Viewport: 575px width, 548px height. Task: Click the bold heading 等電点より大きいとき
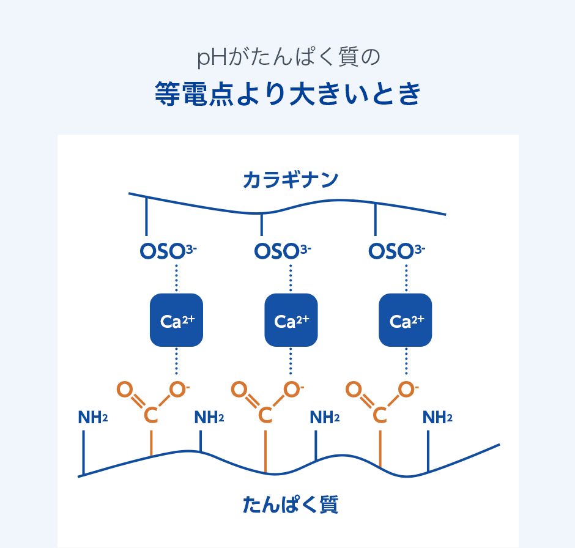point(287,95)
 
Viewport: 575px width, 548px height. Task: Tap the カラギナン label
point(291,180)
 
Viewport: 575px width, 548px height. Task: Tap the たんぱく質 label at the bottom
point(291,505)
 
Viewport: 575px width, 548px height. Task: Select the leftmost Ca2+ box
point(176,320)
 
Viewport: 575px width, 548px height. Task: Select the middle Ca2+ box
point(291,320)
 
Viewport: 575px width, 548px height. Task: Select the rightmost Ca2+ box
point(406,320)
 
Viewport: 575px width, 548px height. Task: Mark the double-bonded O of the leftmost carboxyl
point(124,390)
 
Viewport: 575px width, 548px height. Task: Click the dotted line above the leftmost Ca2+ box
point(176,278)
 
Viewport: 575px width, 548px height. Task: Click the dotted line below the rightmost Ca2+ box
point(406,361)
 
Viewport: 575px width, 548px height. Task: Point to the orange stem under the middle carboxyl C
point(265,450)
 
